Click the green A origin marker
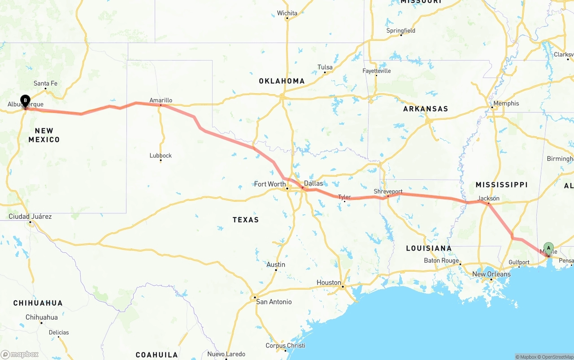coord(548,248)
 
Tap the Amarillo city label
coord(161,100)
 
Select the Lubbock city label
coord(161,156)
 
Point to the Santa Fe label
coord(45,83)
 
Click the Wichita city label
coord(287,13)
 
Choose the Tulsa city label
coord(325,67)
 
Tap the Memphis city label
coord(506,104)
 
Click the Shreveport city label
coord(388,191)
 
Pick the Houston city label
coord(329,282)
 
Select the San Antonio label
coord(274,302)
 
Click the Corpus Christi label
coord(285,345)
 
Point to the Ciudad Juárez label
coord(30,217)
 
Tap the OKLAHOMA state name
coord(282,81)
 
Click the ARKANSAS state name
coord(426,109)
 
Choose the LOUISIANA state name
coord(429,248)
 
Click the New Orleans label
coord(491,274)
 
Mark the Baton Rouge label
coord(441,260)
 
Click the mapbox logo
coord(20,354)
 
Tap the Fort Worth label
coord(270,184)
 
